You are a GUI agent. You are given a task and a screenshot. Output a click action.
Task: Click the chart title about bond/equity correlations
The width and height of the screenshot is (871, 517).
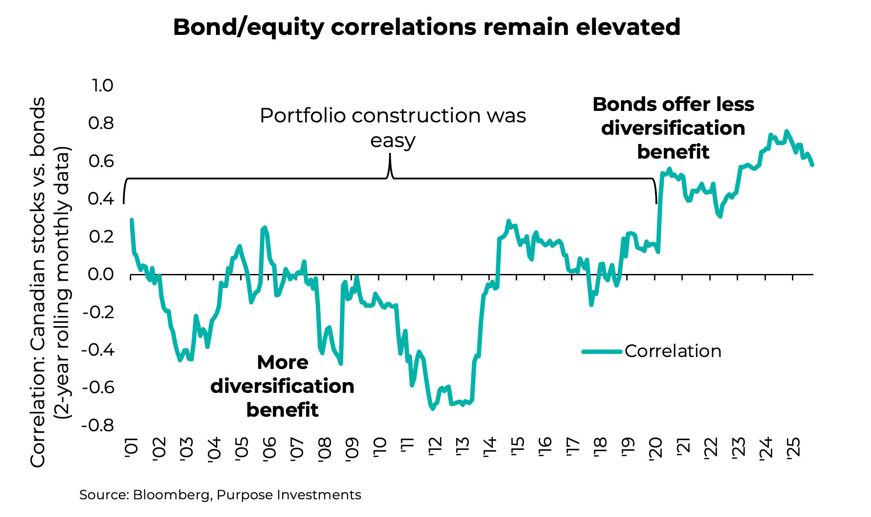pyautogui.click(x=426, y=27)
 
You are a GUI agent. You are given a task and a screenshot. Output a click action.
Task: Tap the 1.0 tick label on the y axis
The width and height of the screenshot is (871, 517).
pyautogui.click(x=102, y=86)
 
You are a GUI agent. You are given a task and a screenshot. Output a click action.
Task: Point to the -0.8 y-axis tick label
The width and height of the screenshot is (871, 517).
pyautogui.click(x=98, y=426)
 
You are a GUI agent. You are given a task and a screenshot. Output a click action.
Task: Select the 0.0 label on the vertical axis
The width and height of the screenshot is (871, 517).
pyautogui.click(x=101, y=274)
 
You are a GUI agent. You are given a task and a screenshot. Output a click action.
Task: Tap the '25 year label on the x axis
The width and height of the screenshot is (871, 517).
pyautogui.click(x=793, y=449)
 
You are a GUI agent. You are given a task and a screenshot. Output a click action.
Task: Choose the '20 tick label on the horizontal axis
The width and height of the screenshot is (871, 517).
pyautogui.click(x=655, y=449)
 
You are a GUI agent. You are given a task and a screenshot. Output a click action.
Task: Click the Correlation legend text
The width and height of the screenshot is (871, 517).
pyautogui.click(x=673, y=351)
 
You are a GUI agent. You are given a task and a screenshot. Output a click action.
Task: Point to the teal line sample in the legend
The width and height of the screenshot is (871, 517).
pyautogui.click(x=602, y=352)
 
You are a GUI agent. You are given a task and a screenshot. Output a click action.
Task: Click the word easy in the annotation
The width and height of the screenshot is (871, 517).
pyautogui.click(x=393, y=141)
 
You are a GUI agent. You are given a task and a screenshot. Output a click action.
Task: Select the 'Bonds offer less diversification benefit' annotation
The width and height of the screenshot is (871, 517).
pyautogui.click(x=673, y=128)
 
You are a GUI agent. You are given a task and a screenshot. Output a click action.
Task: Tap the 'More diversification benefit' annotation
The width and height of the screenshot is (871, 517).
pyautogui.click(x=282, y=386)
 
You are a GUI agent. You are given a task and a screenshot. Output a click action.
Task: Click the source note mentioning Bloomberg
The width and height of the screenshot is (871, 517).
pyautogui.click(x=220, y=495)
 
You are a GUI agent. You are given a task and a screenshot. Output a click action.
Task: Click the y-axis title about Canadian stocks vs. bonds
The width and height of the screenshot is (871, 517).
pyautogui.click(x=49, y=282)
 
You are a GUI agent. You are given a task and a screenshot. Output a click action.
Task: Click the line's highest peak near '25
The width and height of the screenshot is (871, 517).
pyautogui.click(x=786, y=131)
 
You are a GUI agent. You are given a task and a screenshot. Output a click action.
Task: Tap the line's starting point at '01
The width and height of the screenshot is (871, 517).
pyautogui.click(x=132, y=220)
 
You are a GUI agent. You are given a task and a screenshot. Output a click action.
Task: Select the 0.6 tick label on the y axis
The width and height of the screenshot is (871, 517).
pyautogui.click(x=101, y=161)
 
